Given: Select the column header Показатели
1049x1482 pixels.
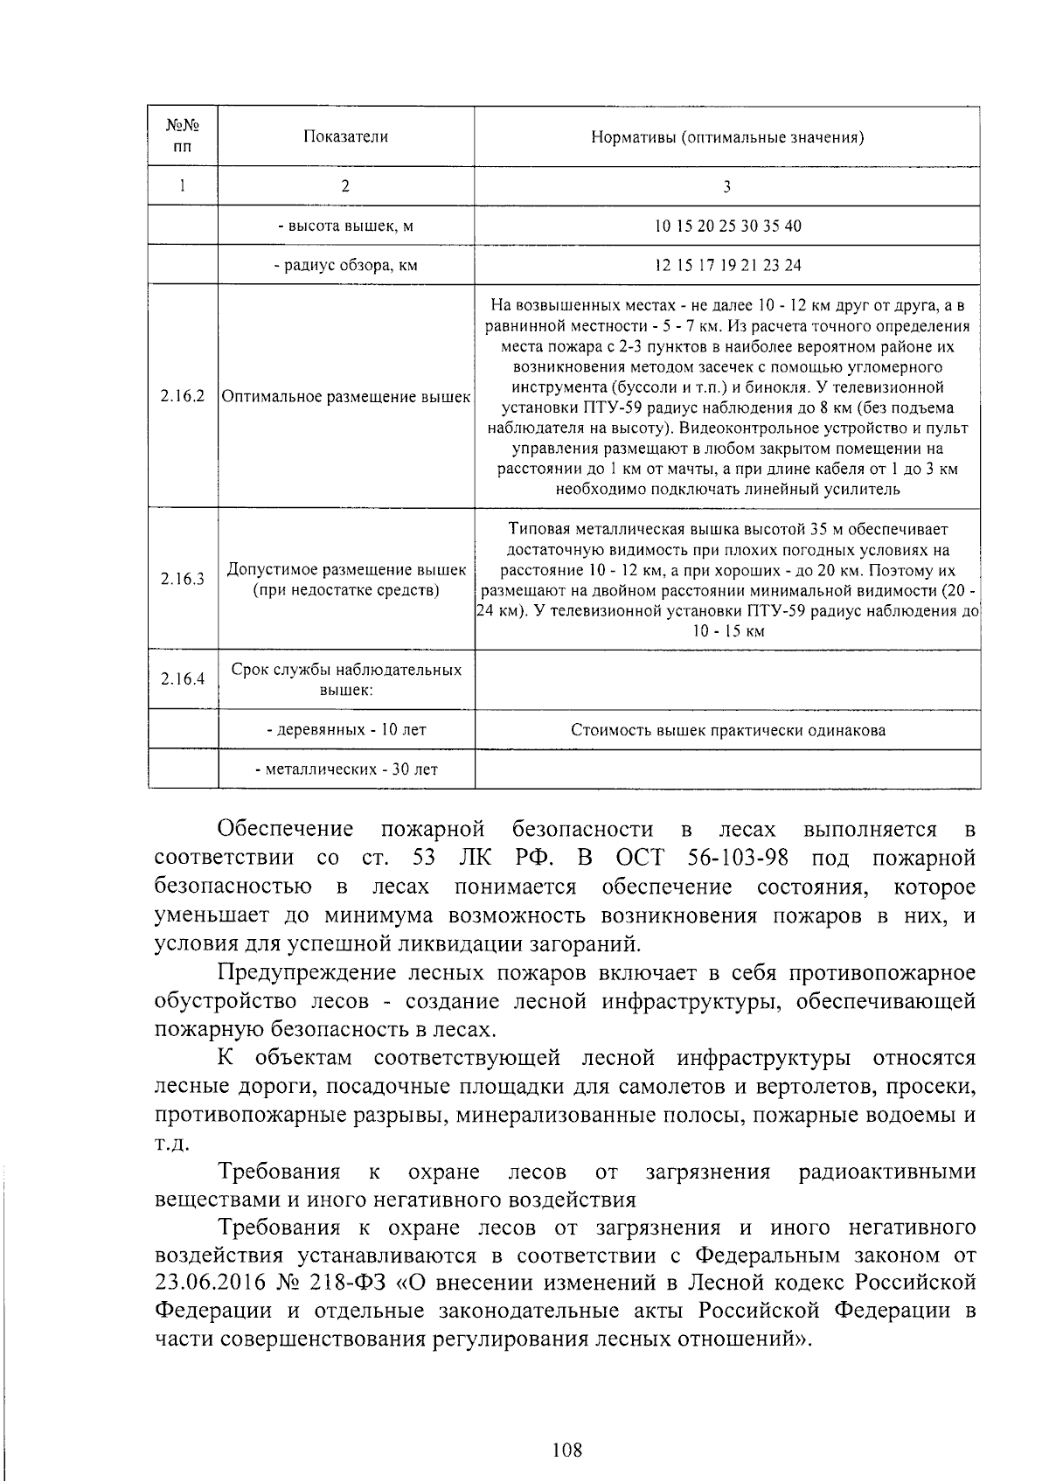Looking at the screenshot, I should click(x=345, y=136).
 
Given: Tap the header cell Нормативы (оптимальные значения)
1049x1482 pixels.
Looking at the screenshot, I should click(x=727, y=137).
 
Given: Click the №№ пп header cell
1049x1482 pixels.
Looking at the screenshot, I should click(x=182, y=136).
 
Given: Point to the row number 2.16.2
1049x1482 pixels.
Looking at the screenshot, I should click(x=182, y=396).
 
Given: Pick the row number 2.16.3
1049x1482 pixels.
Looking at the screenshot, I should click(x=182, y=580).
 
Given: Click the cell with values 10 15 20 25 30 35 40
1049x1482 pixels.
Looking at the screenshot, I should click(x=727, y=226).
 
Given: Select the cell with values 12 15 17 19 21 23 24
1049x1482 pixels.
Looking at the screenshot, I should click(x=727, y=265).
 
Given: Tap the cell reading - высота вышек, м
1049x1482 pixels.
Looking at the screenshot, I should click(x=345, y=226).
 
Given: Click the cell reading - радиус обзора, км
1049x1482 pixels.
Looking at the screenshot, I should click(x=345, y=265).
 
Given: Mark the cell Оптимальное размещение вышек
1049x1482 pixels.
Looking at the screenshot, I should click(x=345, y=396).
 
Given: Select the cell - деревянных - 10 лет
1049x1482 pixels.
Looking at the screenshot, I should click(x=345, y=729).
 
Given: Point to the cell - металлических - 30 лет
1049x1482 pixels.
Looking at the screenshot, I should click(x=345, y=769).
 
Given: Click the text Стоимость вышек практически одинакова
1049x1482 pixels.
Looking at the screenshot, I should click(x=727, y=730).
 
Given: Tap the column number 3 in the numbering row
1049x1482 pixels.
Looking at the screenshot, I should click(x=727, y=186).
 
